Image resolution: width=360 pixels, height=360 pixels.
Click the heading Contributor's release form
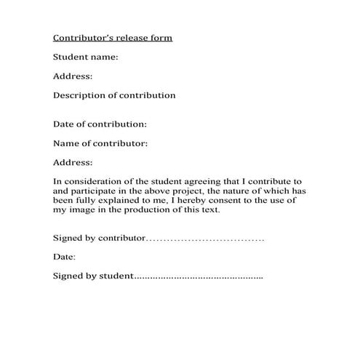pos(113,37)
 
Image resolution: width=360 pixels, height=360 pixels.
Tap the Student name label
pos(85,57)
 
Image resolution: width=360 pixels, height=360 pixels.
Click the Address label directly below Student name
pos(73,76)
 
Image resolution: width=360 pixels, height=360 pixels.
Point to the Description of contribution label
pos(114,95)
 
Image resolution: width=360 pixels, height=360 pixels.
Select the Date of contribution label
pos(100,124)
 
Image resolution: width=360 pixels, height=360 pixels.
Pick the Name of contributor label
pos(100,143)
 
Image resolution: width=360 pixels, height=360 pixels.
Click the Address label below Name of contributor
pos(73,162)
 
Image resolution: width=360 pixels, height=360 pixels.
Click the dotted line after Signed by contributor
pos(205,239)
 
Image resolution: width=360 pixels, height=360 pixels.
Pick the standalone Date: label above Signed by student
pos(64,257)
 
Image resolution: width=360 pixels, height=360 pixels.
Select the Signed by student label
pos(94,276)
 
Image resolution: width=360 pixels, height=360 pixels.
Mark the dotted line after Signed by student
pos(199,277)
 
